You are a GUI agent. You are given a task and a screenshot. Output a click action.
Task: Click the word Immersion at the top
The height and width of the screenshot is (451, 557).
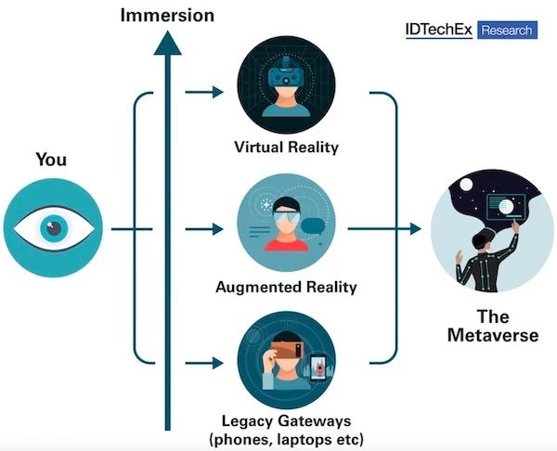[x=167, y=16]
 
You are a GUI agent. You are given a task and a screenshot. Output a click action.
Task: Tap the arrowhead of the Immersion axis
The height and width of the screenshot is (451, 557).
[x=168, y=43]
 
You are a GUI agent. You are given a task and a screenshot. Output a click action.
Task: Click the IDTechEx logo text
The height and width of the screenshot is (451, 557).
[x=439, y=30]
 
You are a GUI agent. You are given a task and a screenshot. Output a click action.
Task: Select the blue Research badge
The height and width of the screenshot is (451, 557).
[x=507, y=30]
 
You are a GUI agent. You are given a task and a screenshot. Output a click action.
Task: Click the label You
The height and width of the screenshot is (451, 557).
[x=51, y=160]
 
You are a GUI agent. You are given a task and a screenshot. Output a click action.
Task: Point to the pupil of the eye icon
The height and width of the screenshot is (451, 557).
[x=54, y=228]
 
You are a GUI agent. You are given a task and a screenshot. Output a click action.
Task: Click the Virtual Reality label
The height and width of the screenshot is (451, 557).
[x=286, y=148]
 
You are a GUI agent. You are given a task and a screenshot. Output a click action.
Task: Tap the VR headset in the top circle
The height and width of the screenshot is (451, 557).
[x=286, y=73]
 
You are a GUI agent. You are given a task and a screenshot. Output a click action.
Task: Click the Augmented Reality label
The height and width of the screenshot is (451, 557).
[x=286, y=287]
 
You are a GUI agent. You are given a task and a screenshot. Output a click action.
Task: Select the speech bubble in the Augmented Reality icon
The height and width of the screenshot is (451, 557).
[x=313, y=226]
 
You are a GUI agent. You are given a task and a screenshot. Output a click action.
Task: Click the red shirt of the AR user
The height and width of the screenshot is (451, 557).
[x=286, y=245]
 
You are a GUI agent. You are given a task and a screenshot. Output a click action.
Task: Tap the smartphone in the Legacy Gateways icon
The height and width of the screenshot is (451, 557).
[x=318, y=368]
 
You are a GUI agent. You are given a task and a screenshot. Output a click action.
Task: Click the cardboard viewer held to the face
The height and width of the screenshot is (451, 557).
[x=287, y=350]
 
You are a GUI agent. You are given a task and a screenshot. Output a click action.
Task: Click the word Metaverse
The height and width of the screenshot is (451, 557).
[x=493, y=335]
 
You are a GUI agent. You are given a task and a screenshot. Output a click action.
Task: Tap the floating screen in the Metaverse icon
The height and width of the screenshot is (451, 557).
[x=506, y=207]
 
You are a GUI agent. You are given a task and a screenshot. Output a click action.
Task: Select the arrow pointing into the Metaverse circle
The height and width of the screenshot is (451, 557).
[x=384, y=229]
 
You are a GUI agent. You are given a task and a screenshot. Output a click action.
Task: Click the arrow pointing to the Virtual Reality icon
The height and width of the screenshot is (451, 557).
[x=204, y=92]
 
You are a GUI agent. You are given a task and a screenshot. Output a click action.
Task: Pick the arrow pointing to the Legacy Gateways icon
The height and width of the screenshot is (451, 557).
[x=204, y=363]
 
